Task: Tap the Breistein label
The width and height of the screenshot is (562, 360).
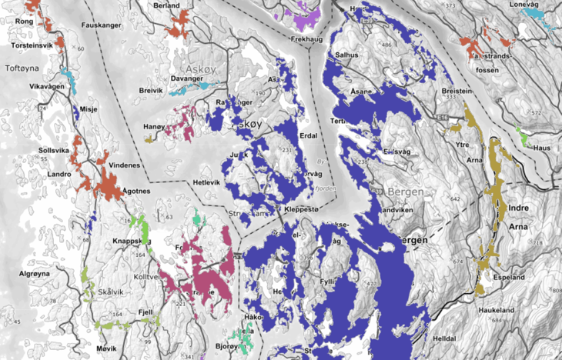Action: [457, 91]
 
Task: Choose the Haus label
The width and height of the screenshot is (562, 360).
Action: [543, 148]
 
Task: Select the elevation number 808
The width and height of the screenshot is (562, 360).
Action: [555, 291]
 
